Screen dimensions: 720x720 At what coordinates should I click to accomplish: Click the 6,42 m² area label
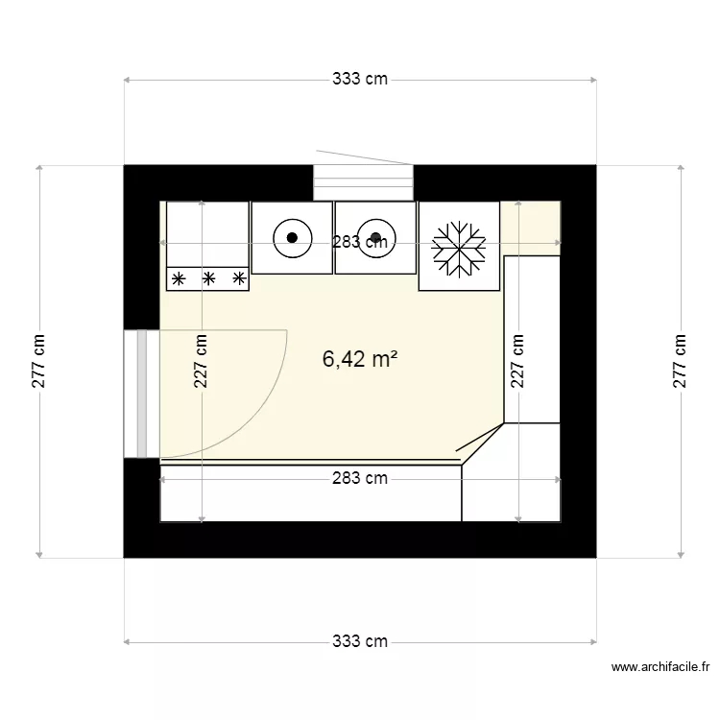[360, 360]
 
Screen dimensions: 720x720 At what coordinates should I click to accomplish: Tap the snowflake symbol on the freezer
[459, 247]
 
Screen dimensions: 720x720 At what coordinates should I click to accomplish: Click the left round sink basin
[292, 237]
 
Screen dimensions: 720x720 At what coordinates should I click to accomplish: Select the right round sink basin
[375, 237]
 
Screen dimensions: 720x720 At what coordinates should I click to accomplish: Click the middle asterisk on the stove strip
[208, 279]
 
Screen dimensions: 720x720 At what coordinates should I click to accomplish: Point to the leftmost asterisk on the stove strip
[178, 279]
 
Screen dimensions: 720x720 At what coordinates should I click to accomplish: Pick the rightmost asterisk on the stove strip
[239, 279]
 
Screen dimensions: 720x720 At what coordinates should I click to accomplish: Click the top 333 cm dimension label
[360, 80]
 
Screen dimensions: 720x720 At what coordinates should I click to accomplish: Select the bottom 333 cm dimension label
[360, 641]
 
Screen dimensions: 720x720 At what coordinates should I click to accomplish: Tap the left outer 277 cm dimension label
[38, 361]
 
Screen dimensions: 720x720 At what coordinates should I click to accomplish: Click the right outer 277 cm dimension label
[681, 361]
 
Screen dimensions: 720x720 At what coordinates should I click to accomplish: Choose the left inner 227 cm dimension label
[201, 361]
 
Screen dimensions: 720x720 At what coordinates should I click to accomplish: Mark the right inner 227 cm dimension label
[518, 361]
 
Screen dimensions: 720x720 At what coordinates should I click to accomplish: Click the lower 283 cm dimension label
[360, 478]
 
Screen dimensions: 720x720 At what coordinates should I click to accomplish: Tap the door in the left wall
[141, 395]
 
